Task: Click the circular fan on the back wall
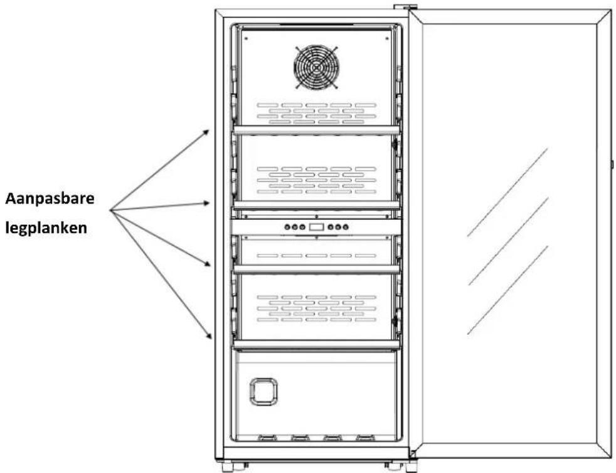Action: coord(316,67)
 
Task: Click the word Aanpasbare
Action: coord(50,198)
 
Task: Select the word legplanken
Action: coord(46,228)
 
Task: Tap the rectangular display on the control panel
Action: coord(316,227)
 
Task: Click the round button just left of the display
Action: coord(302,227)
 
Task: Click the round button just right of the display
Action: coord(331,227)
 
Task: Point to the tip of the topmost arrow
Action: coord(210,129)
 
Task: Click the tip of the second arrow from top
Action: coord(210,203)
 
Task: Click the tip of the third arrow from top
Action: coord(211,266)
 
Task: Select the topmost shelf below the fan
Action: coord(316,130)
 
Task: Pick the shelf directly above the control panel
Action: coord(316,205)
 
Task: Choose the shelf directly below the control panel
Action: coord(316,269)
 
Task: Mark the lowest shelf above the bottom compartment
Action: coord(316,345)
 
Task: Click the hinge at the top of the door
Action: coord(405,7)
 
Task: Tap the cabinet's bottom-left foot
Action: coord(228,466)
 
